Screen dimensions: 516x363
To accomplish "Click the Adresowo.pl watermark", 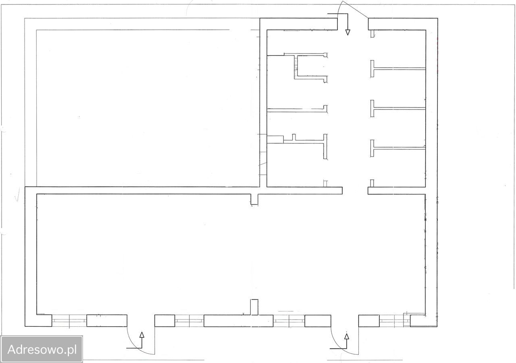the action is pyautogui.click(x=42, y=350).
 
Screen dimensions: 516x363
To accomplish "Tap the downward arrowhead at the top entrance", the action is pyautogui.click(x=347, y=32).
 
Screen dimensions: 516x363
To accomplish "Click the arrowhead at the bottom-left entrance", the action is pyautogui.click(x=142, y=335).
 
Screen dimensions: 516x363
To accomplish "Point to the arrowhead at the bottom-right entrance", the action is pyautogui.click(x=346, y=336).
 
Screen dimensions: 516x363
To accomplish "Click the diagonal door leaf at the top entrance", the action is pyautogui.click(x=355, y=9).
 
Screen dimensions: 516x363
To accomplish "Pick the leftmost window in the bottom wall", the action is pyautogui.click(x=69, y=321).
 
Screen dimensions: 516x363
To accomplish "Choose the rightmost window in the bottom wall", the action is pyautogui.click(x=395, y=321).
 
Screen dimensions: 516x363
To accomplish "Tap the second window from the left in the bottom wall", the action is pyautogui.click(x=189, y=321).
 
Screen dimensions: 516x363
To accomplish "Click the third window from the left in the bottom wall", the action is pyautogui.click(x=289, y=321).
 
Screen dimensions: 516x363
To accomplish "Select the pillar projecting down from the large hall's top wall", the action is pyautogui.click(x=254, y=199).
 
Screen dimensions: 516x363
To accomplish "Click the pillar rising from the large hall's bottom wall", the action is pyautogui.click(x=254, y=307).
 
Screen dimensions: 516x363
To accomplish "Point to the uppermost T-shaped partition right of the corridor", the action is pyautogui.click(x=398, y=68).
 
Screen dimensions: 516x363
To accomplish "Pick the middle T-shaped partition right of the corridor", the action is pyautogui.click(x=398, y=108).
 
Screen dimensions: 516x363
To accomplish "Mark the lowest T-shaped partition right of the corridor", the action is pyautogui.click(x=398, y=148).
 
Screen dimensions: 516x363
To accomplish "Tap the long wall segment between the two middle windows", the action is pyautogui.click(x=238, y=321).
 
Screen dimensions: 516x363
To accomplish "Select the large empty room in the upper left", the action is pyautogui.click(x=148, y=108).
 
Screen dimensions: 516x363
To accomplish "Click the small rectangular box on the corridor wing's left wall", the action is pyautogui.click(x=275, y=140).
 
